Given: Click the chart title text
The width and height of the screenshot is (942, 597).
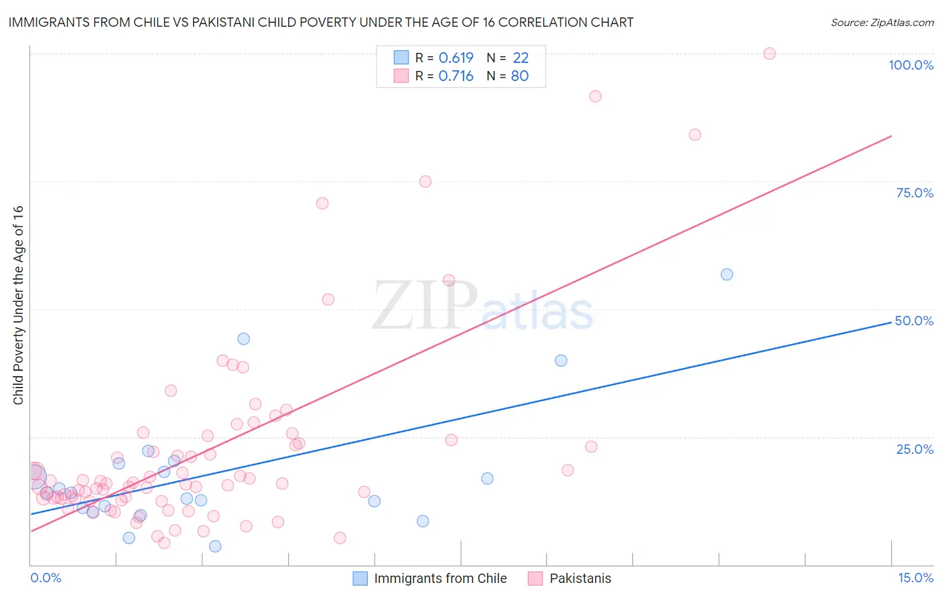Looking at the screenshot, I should tap(321, 23).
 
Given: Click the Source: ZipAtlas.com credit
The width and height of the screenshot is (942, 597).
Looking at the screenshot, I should tap(882, 23).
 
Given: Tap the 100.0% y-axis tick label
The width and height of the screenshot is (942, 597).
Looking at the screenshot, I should tap(911, 65).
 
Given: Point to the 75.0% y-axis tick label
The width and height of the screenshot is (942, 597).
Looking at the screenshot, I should tap(915, 193).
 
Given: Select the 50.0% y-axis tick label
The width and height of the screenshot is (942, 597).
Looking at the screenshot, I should tap(914, 321).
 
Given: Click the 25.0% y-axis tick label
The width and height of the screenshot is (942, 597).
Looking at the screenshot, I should tap(915, 449).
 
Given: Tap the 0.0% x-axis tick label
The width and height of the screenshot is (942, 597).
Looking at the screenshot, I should tap(46, 578).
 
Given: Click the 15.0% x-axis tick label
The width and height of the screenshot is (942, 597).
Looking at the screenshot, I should tap(915, 578).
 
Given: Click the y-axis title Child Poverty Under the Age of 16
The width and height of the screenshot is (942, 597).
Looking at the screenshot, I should tap(19, 305).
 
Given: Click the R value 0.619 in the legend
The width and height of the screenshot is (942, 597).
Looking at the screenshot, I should tap(456, 58).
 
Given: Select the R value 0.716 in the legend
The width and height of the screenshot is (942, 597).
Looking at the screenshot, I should tap(456, 76).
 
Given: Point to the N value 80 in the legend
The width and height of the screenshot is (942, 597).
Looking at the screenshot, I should tap(520, 76).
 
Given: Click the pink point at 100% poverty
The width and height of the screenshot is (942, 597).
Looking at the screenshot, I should tap(769, 54).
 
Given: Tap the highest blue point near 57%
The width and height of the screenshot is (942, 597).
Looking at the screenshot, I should tap(727, 274).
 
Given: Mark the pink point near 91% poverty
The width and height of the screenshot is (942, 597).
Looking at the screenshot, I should tap(595, 96).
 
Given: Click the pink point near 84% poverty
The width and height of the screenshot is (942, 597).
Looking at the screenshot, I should tap(695, 135).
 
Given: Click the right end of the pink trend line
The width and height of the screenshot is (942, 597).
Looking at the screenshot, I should tap(891, 136).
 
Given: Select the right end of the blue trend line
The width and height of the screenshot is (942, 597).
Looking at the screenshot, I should tap(891, 322).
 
